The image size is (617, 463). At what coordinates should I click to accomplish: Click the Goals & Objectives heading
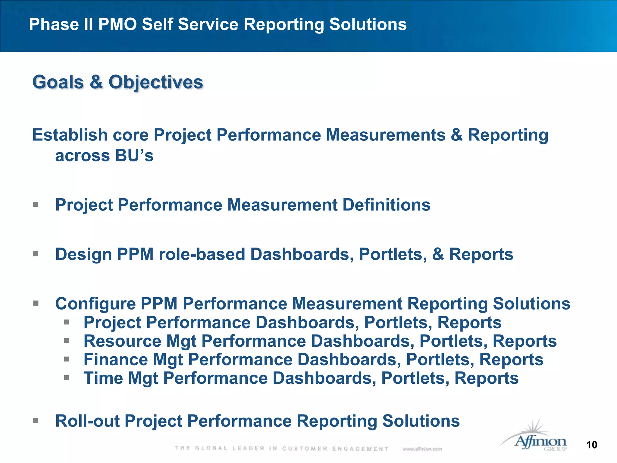pos(118,82)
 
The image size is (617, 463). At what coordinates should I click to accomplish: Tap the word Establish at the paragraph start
pos(70,135)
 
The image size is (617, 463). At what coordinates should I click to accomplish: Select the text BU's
pos(134,156)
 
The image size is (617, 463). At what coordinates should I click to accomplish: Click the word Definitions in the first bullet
pos(387,205)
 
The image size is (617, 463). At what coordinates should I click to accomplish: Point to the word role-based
pos(202,254)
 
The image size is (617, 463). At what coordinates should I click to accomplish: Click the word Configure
pos(95,304)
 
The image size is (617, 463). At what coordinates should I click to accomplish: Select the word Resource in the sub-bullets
pos(122,341)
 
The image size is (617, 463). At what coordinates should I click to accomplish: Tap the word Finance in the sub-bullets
pos(116,360)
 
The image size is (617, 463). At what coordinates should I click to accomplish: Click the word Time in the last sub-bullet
pos(103,378)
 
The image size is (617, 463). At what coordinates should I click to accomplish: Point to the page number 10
pos(592,445)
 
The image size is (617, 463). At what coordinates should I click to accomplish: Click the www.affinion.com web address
pos(422,449)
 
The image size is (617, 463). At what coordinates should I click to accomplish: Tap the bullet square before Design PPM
pos(36,254)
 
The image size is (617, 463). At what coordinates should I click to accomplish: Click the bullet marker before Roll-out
pos(36,420)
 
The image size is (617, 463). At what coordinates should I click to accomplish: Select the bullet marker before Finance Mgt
pos(67,359)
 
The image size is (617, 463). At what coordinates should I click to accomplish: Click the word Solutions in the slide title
pos(368,24)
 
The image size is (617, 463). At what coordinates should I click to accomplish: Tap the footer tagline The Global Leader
pos(282,449)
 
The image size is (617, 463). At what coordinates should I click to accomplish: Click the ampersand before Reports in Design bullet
pos(438,254)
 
